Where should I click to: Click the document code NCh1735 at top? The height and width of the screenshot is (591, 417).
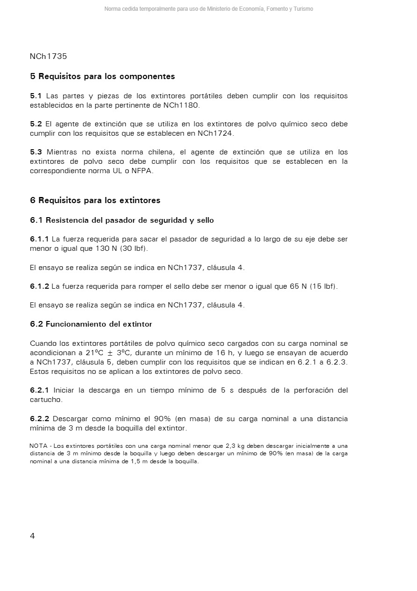click(48, 57)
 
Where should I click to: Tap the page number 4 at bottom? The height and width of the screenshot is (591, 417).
click(32, 536)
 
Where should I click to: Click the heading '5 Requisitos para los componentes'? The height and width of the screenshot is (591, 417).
click(102, 76)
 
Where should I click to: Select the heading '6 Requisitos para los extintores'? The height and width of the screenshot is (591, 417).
click(95, 200)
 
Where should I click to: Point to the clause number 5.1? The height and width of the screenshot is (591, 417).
click(36, 96)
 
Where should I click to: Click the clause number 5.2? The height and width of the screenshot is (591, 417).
click(36, 124)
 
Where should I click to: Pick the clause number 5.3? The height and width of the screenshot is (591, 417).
click(36, 152)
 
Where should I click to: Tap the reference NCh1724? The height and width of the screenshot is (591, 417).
click(215, 133)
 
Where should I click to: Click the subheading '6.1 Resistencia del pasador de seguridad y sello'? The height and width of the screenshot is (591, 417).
click(122, 220)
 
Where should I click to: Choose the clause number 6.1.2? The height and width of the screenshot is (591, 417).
click(39, 286)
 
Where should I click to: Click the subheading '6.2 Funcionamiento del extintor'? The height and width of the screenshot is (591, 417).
click(91, 324)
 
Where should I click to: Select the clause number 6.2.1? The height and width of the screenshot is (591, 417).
click(39, 390)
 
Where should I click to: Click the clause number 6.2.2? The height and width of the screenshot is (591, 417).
click(39, 419)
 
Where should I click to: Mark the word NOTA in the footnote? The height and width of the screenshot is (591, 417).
click(38, 446)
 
